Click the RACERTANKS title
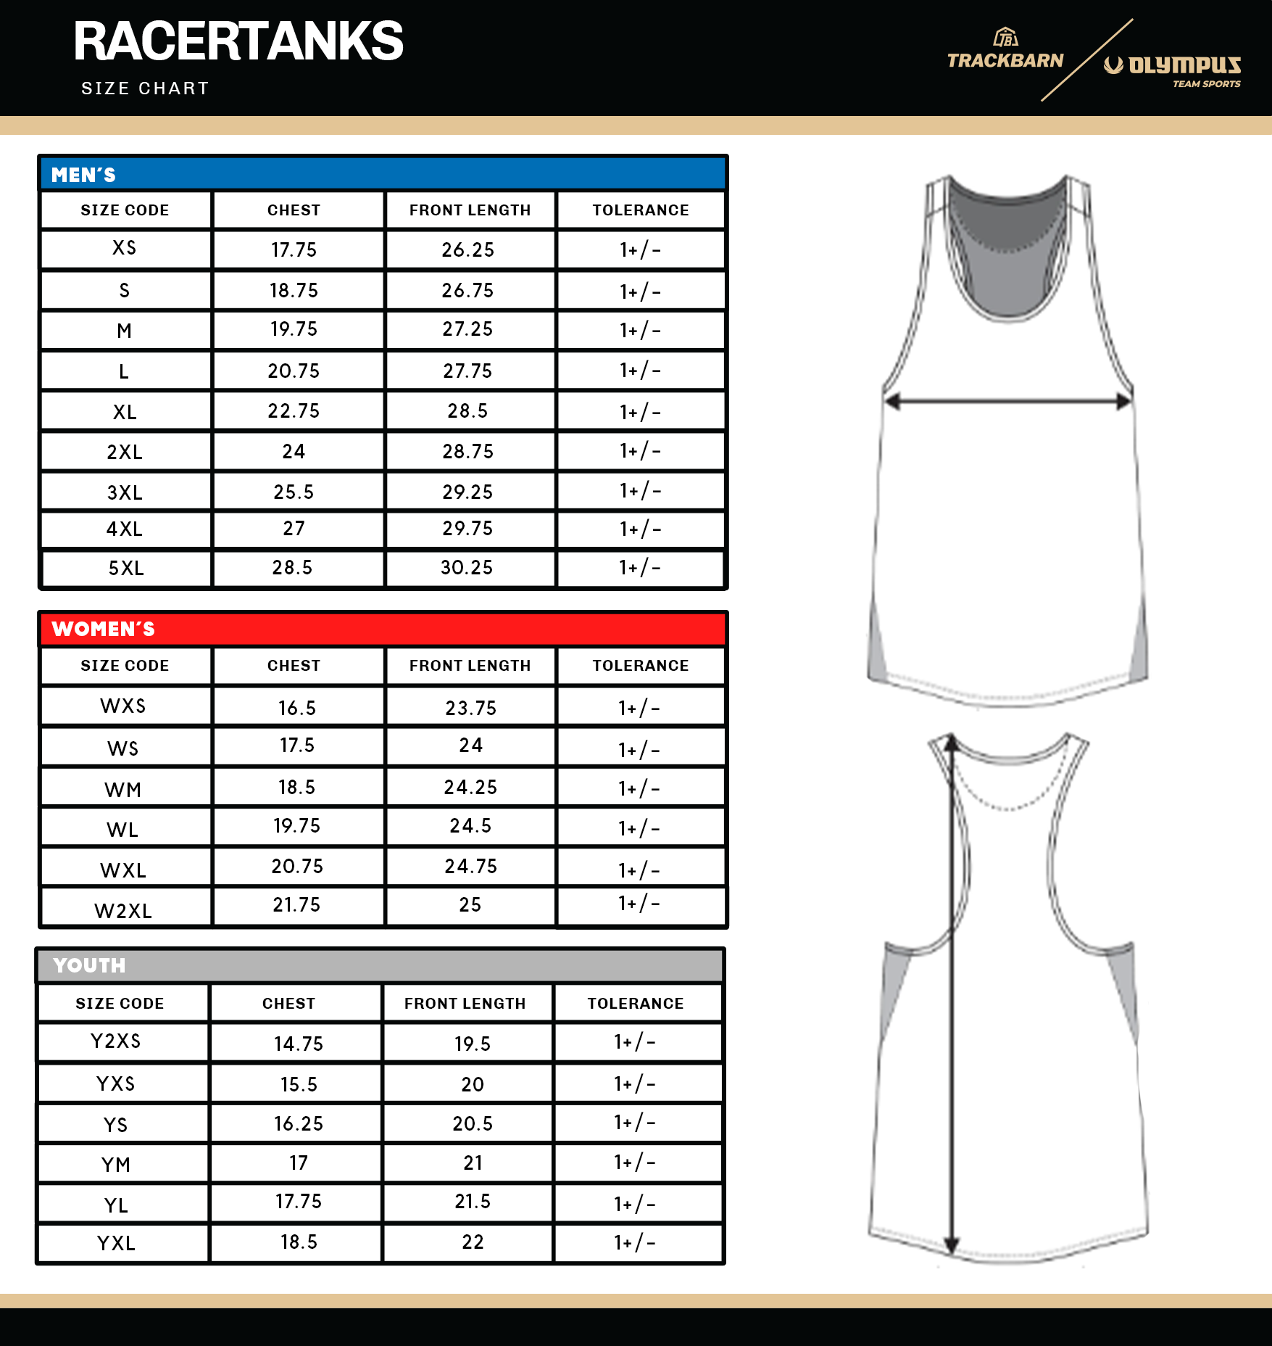coord(238,41)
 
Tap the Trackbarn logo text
coord(1005,60)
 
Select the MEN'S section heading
coord(83,175)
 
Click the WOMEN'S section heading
coord(103,629)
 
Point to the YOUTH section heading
coord(89,965)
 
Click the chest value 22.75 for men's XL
coord(294,411)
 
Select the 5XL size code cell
coord(126,568)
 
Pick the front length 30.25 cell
coord(467,568)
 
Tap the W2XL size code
coord(123,911)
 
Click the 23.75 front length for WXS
coord(470,708)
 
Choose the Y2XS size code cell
coord(116,1041)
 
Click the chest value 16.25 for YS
coord(298,1123)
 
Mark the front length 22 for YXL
coord(473,1242)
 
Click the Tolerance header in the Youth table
coord(635,1004)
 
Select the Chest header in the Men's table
coord(294,210)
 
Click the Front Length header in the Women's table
coord(470,666)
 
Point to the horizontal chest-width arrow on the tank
coord(1008,400)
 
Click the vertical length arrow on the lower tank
coord(952,994)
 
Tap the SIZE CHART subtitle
coord(145,88)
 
